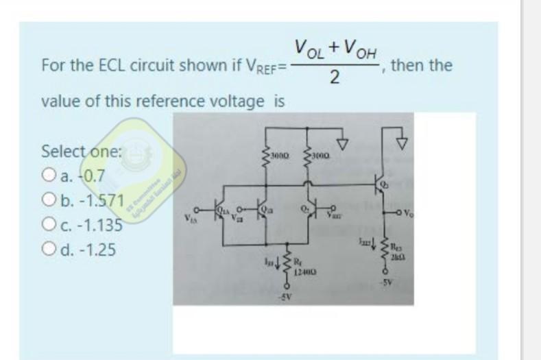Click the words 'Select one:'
point(81,150)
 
